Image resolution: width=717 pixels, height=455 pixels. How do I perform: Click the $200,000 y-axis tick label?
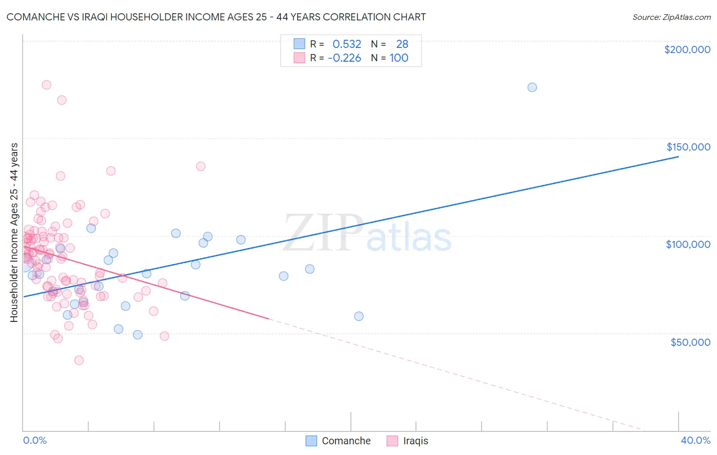click(687, 49)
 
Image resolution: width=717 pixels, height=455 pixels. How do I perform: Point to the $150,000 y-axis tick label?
click(688, 147)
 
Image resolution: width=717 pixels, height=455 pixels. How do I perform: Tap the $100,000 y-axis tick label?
click(688, 244)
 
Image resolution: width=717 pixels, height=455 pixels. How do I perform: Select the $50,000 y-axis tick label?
click(690, 342)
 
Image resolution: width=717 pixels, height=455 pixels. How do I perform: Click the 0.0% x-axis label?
click(35, 440)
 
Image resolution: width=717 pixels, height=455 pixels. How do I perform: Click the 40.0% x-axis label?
click(695, 440)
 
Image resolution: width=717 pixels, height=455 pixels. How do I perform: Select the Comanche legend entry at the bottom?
click(339, 441)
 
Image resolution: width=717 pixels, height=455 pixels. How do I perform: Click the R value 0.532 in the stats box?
click(347, 44)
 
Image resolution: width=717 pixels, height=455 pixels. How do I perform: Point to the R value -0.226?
click(344, 58)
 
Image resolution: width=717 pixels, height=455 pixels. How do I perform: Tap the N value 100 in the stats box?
click(399, 58)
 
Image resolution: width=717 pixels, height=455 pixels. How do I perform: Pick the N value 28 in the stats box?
click(402, 44)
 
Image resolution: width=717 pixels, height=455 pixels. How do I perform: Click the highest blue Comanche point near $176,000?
click(532, 87)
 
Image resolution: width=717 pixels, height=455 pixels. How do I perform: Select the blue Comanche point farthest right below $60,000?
click(359, 316)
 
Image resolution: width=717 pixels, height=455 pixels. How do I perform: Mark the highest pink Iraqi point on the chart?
click(46, 85)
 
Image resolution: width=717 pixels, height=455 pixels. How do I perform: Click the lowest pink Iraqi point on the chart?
click(79, 360)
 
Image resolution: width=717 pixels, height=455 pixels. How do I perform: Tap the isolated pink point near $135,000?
click(201, 166)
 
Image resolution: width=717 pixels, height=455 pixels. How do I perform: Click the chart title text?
click(216, 17)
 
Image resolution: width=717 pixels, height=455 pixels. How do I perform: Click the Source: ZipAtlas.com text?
click(671, 17)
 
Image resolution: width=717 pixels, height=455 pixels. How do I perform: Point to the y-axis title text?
click(14, 233)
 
